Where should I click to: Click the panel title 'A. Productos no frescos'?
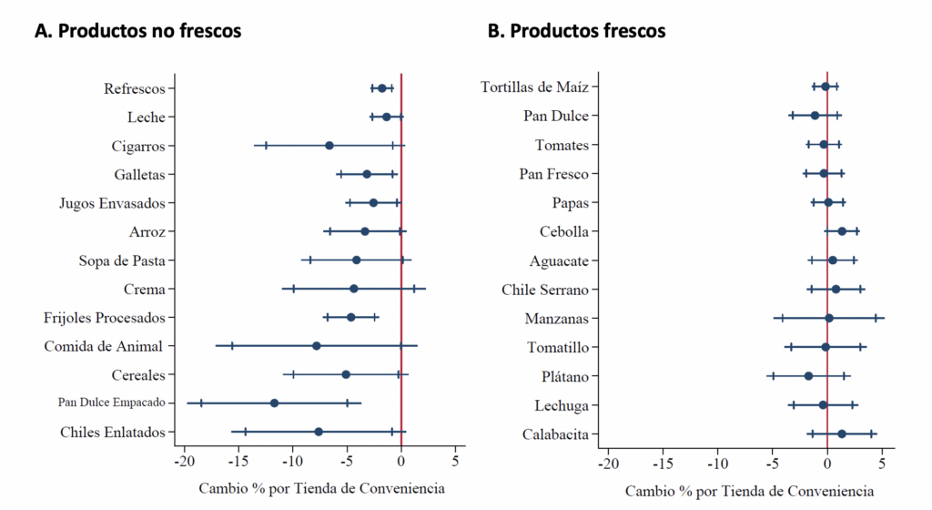click(137, 31)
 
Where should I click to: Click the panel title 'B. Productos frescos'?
click(576, 31)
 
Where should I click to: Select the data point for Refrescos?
click(382, 87)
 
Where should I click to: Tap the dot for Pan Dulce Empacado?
click(274, 403)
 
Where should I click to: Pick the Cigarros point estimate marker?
click(329, 146)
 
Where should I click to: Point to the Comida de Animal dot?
click(316, 346)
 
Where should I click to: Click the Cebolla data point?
click(842, 231)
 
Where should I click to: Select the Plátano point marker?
click(808, 376)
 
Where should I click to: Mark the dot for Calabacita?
click(842, 433)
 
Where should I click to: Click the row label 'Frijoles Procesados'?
click(105, 318)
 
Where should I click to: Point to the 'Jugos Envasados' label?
click(112, 203)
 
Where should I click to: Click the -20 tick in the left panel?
click(185, 462)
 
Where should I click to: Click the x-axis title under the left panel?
click(321, 488)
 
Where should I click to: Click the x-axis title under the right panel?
click(749, 491)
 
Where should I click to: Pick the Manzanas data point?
click(829, 318)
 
